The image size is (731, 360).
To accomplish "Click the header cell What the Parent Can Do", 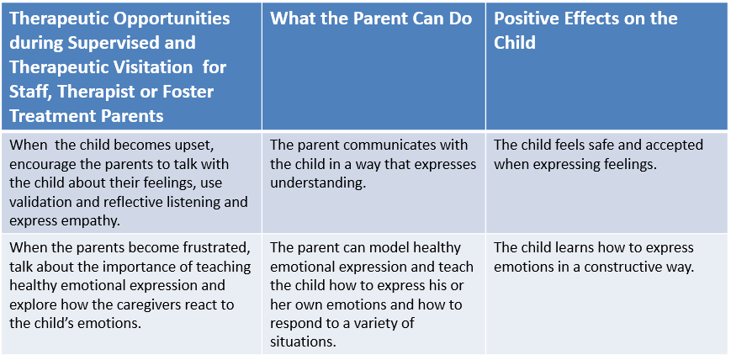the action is tap(373, 66).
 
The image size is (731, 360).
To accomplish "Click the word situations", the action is tap(303, 342).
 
